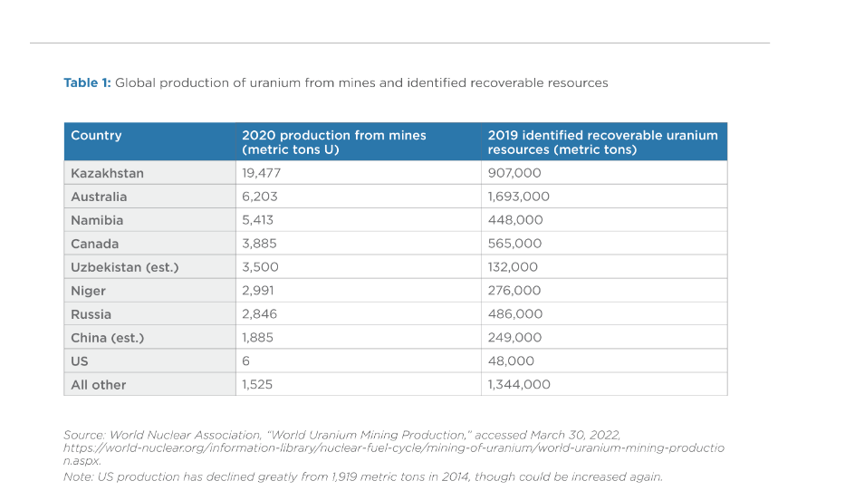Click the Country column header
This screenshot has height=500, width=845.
coord(96,135)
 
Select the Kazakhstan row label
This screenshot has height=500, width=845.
coord(107,173)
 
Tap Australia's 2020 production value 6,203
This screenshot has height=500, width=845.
coord(259,197)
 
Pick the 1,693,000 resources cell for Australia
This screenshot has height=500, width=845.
coord(518,197)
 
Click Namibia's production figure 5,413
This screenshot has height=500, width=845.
coord(257,220)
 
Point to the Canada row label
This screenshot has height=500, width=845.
coord(95,244)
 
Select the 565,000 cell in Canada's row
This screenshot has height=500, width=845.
coord(514,244)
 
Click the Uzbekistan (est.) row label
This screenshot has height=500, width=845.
coord(124,267)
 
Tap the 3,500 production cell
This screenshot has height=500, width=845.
coord(260,267)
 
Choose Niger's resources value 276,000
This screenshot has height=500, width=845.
coord(514,291)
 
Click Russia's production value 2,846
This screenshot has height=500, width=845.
coord(259,314)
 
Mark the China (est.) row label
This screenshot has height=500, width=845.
coord(108,338)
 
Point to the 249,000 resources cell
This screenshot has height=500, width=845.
coord(514,337)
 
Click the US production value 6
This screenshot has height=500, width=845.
coord(245,361)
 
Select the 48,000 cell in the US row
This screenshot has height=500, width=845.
coord(511,361)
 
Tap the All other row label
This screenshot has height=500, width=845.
coord(99,385)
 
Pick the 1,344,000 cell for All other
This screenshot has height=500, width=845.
coord(519,384)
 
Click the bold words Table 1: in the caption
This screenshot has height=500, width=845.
coord(87,82)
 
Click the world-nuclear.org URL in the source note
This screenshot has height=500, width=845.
coord(394,454)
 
